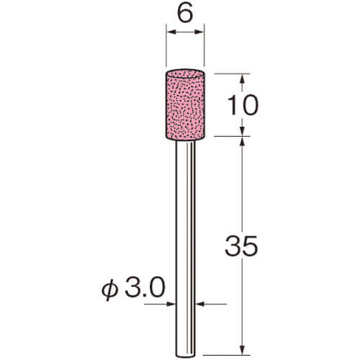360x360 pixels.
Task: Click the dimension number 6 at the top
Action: pos(185,13)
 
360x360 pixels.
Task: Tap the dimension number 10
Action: pos(243,105)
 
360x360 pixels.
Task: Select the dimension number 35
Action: pos(241,245)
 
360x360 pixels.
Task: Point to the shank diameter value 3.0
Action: pos(145,287)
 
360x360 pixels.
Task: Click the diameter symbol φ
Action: pos(110,289)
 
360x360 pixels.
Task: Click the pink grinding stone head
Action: pos(185,104)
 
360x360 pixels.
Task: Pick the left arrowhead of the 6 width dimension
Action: pos(171,32)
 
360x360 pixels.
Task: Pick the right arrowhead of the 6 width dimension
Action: pos(199,32)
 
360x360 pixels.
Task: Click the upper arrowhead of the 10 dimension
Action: pos(242,78)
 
